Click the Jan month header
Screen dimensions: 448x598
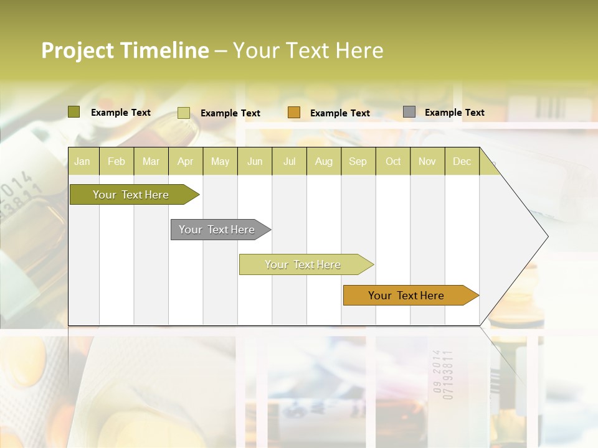click(x=82, y=161)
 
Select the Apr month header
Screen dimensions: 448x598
click(x=185, y=161)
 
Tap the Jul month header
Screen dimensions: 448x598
click(x=289, y=161)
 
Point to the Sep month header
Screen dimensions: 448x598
click(x=358, y=161)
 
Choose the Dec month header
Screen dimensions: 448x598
click(x=462, y=161)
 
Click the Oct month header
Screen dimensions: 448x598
click(x=393, y=161)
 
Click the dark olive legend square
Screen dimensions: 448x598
click(x=74, y=112)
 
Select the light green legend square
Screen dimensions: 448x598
click(x=184, y=113)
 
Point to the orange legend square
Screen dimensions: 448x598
click(x=294, y=113)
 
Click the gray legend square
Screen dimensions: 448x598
click(x=409, y=112)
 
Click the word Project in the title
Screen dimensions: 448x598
click(x=78, y=50)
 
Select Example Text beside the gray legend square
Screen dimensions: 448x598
click(x=455, y=112)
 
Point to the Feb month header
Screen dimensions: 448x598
click(x=116, y=161)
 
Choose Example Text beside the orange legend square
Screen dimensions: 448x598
click(x=340, y=113)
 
